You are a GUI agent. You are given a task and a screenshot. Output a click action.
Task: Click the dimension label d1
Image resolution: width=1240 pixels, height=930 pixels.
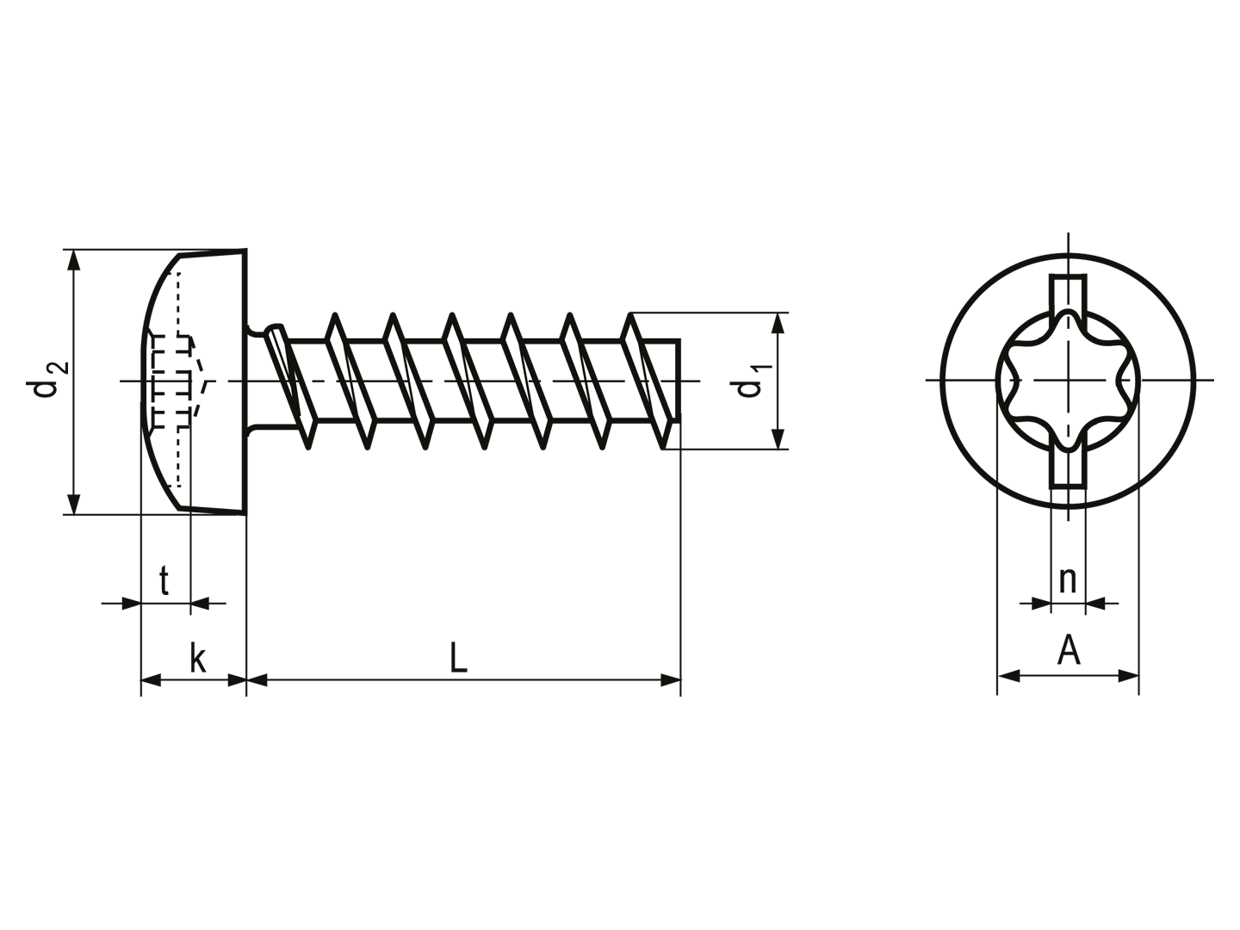click(x=751, y=381)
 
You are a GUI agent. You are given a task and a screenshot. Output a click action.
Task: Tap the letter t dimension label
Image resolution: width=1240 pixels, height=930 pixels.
click(x=164, y=580)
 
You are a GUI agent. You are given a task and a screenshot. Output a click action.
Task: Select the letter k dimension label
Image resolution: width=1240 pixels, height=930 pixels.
click(x=198, y=658)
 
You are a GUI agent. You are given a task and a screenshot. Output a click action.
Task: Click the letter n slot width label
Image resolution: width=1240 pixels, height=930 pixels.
click(x=1068, y=580)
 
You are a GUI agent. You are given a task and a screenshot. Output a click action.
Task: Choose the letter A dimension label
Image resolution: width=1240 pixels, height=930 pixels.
click(x=1069, y=650)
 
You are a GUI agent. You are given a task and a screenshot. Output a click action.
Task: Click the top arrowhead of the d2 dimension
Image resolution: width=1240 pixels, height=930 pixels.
click(x=73, y=260)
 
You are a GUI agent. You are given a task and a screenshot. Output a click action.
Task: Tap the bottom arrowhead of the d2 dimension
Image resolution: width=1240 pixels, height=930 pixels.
click(x=73, y=505)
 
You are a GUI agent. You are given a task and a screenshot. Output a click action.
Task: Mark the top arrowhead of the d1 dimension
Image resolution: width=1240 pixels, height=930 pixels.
click(x=778, y=323)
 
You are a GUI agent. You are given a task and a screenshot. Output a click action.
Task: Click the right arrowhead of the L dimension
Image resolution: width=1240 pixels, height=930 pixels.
click(x=671, y=680)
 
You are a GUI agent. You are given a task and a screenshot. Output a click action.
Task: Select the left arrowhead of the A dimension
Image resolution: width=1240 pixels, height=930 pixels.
click(x=1008, y=675)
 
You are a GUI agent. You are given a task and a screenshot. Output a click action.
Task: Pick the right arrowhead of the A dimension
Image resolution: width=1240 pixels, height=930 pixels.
click(x=1128, y=675)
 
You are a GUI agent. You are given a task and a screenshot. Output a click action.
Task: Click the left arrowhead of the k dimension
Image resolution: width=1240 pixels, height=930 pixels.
click(x=151, y=680)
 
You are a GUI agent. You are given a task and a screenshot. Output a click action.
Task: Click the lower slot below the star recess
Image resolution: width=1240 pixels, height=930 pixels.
click(x=1068, y=466)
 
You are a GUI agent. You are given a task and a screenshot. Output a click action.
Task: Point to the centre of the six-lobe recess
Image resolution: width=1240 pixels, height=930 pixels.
click(x=1068, y=380)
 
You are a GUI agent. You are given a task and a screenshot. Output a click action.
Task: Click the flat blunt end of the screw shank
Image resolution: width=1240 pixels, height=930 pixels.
click(x=679, y=381)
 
